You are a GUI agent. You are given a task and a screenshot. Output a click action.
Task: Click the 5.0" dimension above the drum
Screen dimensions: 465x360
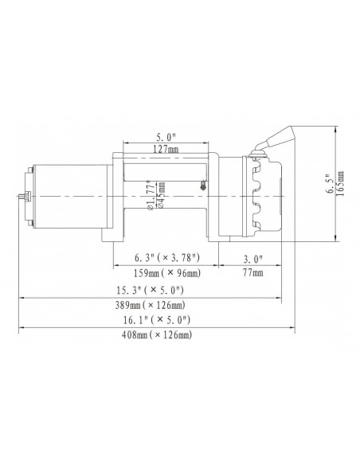tap(166, 136)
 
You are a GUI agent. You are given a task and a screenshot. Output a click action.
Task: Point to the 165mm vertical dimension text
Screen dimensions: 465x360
tap(342, 186)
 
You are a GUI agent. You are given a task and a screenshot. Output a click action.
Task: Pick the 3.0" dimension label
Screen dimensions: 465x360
tap(251, 257)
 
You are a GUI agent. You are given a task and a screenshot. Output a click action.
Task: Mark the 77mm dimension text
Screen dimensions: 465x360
tap(251, 272)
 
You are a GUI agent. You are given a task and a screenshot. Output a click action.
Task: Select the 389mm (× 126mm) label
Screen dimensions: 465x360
tap(151, 304)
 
